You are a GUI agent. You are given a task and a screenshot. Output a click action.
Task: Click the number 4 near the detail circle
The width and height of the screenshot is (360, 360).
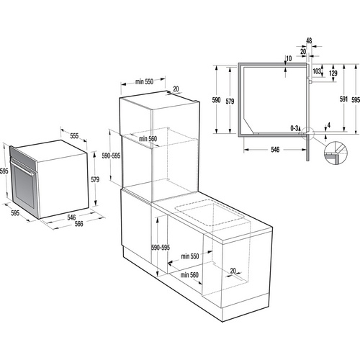click(329, 127)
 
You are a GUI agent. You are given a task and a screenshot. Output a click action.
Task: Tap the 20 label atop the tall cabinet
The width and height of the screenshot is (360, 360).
click(176, 89)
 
